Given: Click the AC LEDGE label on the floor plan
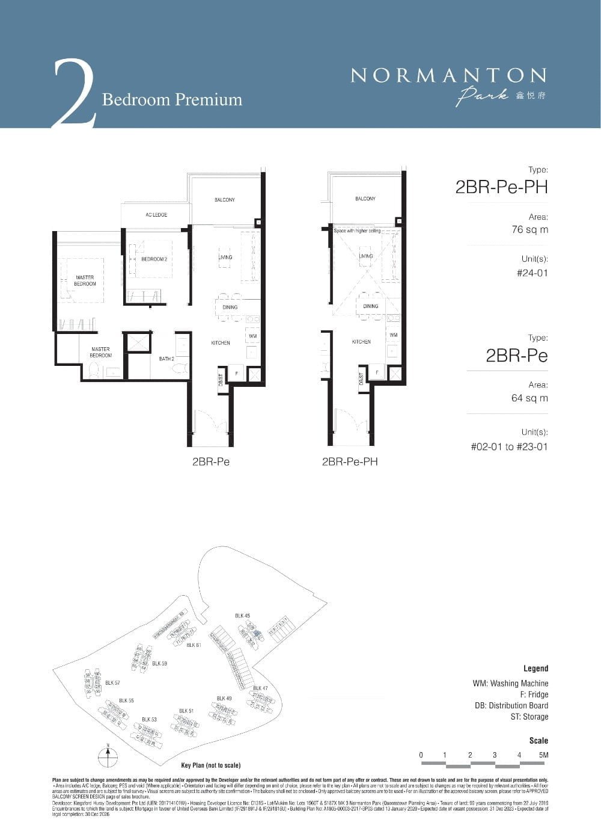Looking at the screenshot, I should (x=156, y=215).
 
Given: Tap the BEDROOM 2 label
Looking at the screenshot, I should (x=153, y=259).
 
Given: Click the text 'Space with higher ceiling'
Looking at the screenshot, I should (x=358, y=230).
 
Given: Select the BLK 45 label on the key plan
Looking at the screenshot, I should (x=242, y=616).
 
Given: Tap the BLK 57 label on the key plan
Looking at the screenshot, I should (x=112, y=683).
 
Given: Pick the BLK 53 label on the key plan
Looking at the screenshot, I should (x=149, y=719).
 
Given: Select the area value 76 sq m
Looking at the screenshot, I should (x=529, y=229).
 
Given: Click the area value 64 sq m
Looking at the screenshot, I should (x=529, y=398).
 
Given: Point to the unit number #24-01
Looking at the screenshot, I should (x=532, y=273).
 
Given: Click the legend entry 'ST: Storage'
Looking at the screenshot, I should (x=527, y=717).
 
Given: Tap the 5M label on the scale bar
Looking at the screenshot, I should (x=544, y=755).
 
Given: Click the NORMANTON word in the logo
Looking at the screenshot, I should (x=448, y=75).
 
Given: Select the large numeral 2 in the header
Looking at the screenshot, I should (x=73, y=93).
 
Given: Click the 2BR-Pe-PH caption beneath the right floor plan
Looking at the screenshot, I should (x=350, y=462).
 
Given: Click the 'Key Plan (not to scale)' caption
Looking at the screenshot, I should (x=210, y=765).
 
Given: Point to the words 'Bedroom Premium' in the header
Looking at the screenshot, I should (x=172, y=99).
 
